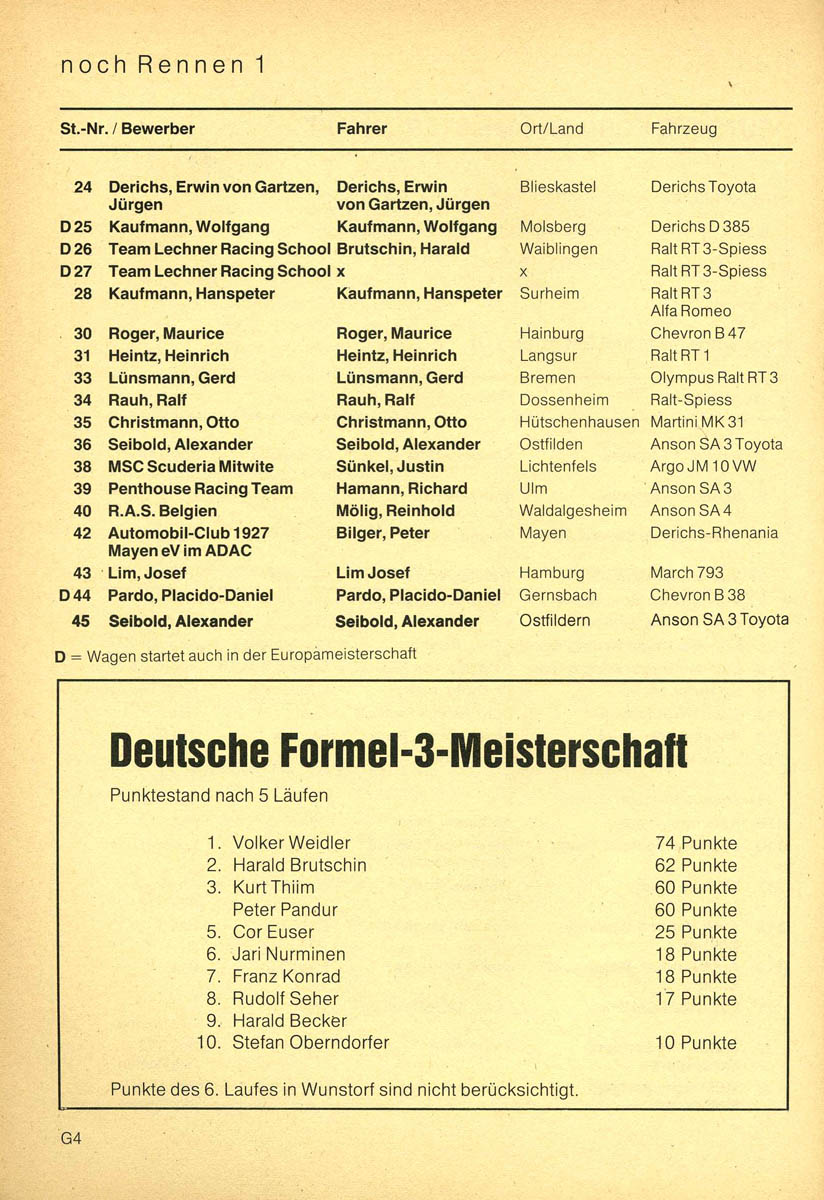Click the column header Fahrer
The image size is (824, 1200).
coord(362,129)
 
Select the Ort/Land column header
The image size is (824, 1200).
coord(551,129)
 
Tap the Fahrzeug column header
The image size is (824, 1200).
coord(683,129)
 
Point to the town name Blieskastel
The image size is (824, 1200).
coord(558,187)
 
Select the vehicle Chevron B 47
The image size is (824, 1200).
coord(697,334)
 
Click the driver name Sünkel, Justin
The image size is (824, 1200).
coord(390,467)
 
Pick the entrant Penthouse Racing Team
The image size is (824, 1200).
coord(200,489)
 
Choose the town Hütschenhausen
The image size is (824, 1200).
coord(579,423)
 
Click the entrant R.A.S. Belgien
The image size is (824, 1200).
coord(162,511)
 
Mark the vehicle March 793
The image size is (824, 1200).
coord(686,573)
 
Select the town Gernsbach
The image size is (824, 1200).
coord(558,595)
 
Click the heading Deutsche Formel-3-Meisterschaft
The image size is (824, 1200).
coord(398,751)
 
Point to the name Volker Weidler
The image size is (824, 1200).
coord(291,843)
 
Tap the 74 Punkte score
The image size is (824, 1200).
coord(695,843)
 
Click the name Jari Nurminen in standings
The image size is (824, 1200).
coord(289,955)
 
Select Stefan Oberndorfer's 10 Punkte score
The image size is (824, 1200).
coord(695,1043)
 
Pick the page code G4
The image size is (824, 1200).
coord(71,1138)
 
